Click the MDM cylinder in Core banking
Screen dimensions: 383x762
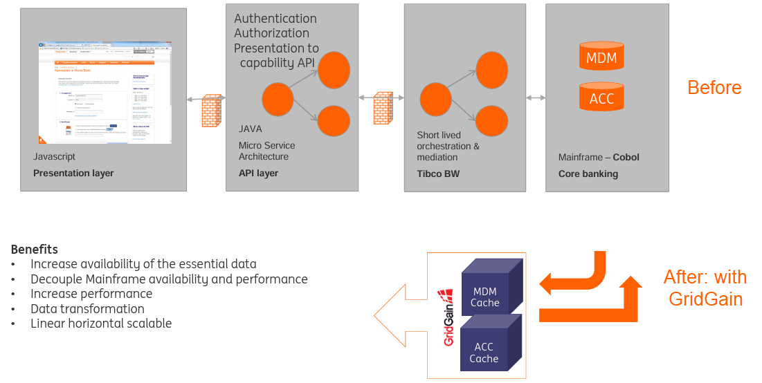click(x=601, y=57)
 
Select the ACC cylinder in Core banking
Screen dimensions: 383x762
click(x=601, y=97)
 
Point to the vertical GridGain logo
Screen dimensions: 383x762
click(x=448, y=318)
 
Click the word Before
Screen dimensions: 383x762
click(x=714, y=88)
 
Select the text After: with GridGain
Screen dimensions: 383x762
click(x=705, y=288)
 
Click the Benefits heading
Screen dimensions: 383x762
click(x=35, y=250)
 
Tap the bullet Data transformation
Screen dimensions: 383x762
click(x=87, y=309)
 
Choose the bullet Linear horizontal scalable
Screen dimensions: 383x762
click(x=101, y=324)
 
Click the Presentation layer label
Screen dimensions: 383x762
click(x=73, y=174)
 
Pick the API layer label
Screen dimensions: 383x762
click(x=258, y=174)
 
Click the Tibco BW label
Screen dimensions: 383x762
click(x=439, y=174)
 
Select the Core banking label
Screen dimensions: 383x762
click(x=588, y=174)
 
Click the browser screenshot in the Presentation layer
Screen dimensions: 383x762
click(x=105, y=93)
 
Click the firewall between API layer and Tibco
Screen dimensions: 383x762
click(x=383, y=108)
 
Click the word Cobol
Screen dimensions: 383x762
click(x=626, y=158)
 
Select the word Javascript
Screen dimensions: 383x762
click(x=54, y=158)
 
